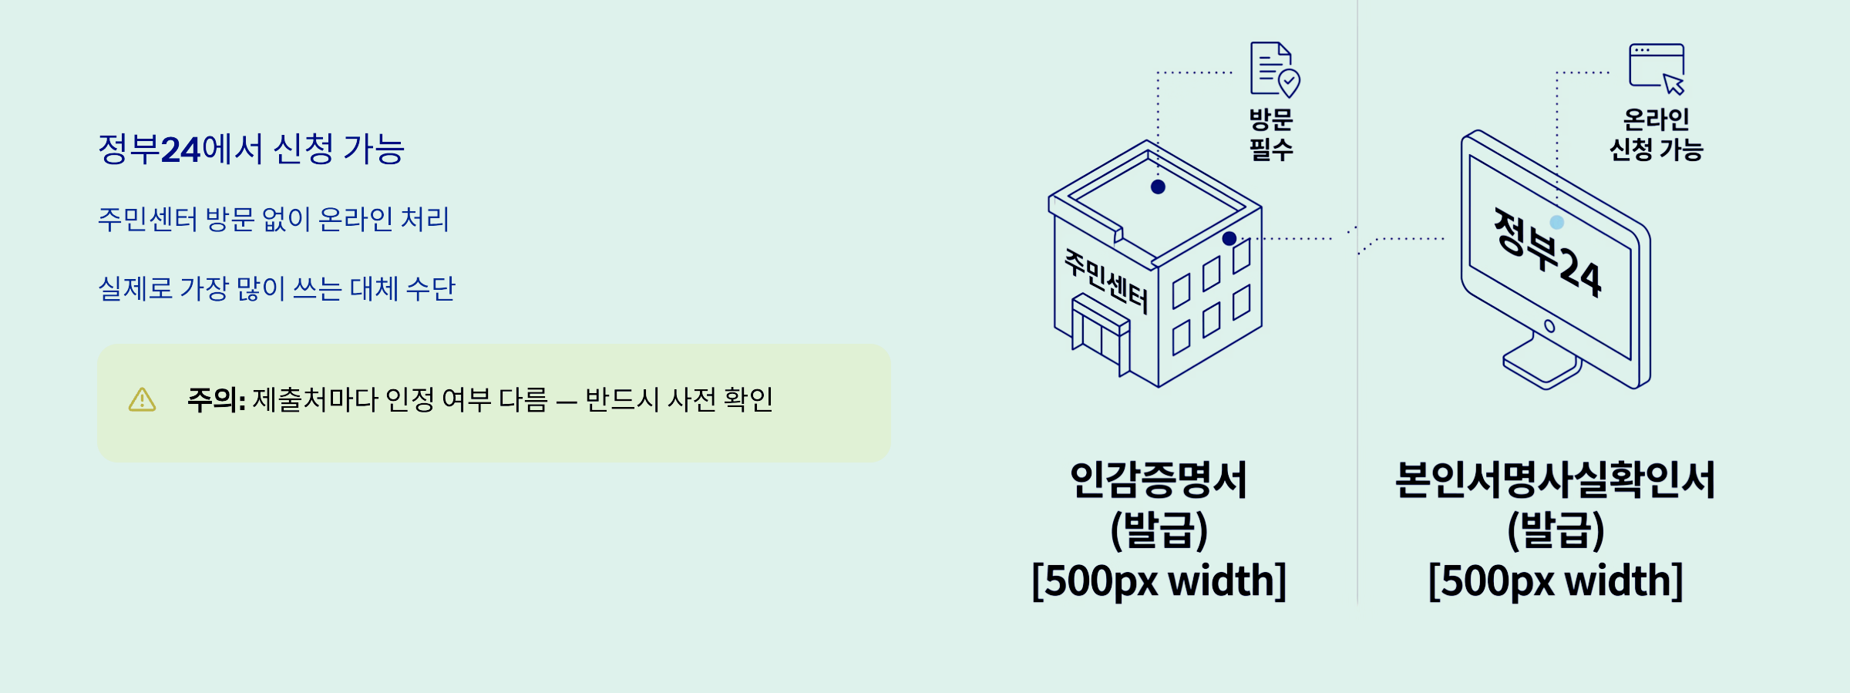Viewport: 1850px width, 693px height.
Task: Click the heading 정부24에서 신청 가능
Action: click(251, 150)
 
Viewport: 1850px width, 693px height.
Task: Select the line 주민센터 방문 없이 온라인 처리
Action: click(274, 220)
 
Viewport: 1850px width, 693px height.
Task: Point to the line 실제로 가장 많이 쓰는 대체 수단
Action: click(277, 289)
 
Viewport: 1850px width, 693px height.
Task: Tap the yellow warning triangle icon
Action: click(142, 400)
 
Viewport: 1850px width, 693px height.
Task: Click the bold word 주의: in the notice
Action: click(216, 400)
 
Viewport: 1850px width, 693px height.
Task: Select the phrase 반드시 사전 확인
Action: click(678, 400)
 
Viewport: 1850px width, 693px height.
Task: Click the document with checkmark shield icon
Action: click(1274, 69)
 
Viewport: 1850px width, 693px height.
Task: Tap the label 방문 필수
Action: click(1271, 134)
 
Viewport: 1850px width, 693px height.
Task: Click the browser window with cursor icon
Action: click(1657, 68)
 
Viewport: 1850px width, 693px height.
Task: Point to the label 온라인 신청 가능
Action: click(1656, 134)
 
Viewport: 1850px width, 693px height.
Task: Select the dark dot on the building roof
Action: click(1158, 187)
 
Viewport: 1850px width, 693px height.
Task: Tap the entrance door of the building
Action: click(1100, 337)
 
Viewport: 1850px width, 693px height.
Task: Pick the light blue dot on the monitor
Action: click(1557, 223)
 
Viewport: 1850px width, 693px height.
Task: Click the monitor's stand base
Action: click(1542, 366)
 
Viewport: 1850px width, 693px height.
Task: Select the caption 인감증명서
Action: click(1159, 479)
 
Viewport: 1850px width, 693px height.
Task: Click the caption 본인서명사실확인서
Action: click(1556, 479)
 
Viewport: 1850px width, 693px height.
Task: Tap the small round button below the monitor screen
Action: click(1549, 326)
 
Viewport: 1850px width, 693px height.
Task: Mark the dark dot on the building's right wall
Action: click(1229, 239)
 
